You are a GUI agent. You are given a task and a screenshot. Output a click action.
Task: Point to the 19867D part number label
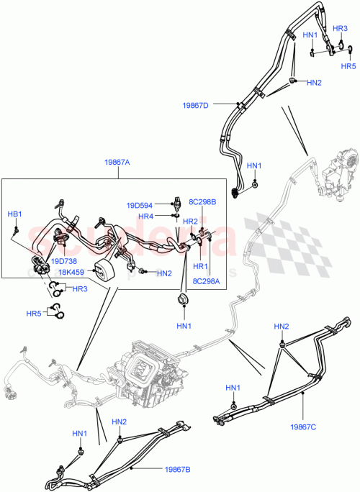[195, 105]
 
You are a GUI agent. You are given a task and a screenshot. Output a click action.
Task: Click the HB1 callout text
[15, 214]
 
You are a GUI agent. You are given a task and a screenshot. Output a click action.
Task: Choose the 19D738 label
[63, 261]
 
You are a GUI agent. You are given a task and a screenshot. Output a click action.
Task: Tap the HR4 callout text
[146, 216]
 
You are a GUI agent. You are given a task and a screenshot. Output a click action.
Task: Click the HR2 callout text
[191, 221]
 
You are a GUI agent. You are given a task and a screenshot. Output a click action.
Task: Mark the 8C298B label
[202, 202]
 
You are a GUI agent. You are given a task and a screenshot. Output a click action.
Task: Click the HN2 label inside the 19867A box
[164, 273]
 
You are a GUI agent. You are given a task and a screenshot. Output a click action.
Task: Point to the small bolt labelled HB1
[16, 229]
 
